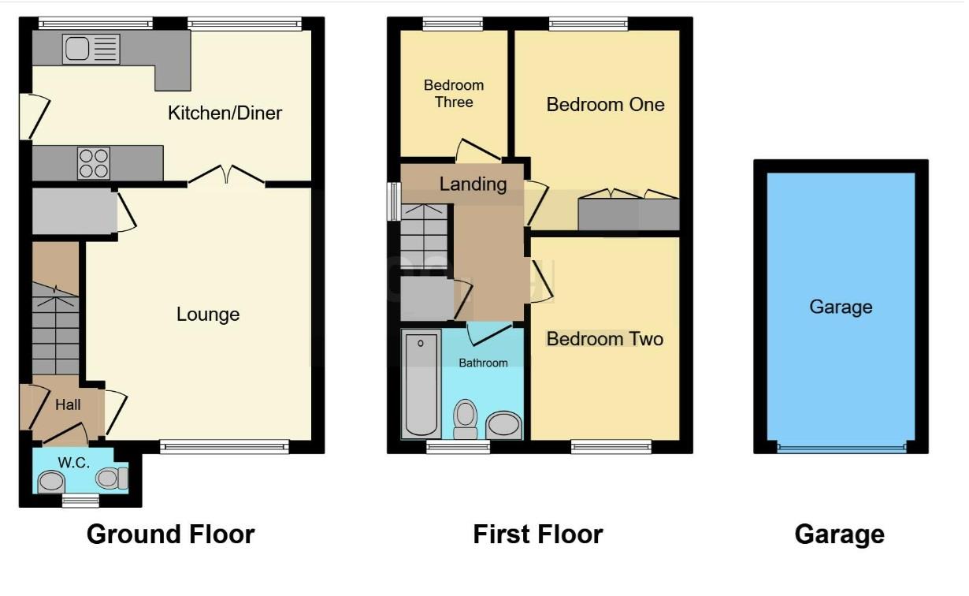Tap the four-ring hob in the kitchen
(93, 163)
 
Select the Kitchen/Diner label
(225, 113)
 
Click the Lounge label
(207, 315)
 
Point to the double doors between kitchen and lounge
(227, 175)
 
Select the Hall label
(68, 405)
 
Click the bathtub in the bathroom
(421, 383)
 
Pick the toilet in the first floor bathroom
(466, 418)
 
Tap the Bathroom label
(484, 363)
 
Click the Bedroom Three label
(454, 93)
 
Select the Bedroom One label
(605, 104)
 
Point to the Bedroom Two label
(605, 339)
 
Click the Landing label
(473, 184)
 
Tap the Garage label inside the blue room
(841, 307)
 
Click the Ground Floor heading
(170, 535)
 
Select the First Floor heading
(537, 535)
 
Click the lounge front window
(225, 447)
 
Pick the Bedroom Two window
(611, 447)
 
